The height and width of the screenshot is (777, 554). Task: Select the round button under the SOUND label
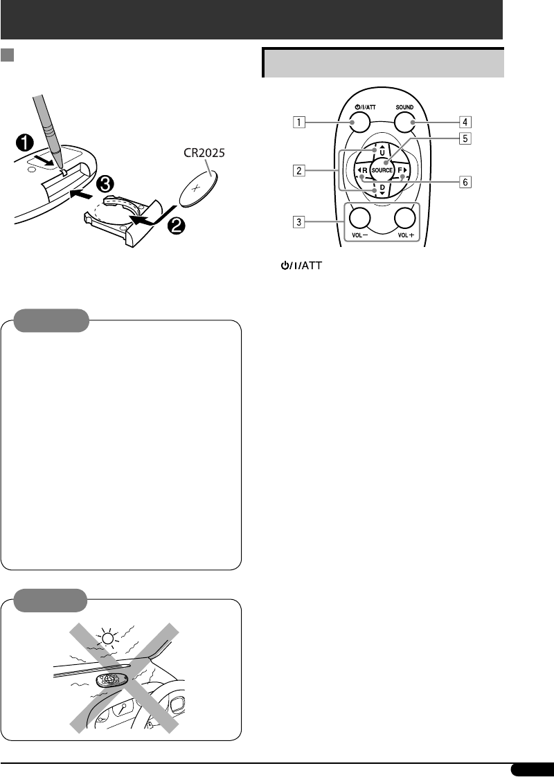coord(405,123)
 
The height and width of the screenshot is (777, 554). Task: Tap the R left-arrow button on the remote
coord(361,170)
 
